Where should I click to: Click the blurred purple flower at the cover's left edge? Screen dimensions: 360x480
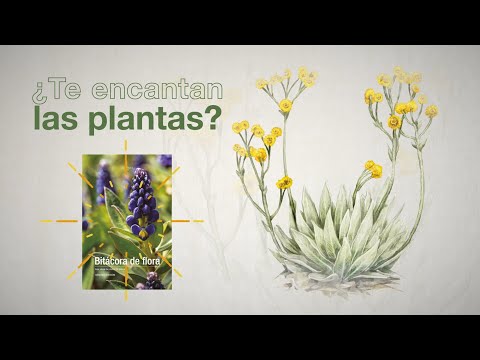point(101,180)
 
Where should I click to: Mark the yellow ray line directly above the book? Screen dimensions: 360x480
point(127,147)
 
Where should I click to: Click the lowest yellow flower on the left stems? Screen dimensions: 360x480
point(285,183)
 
